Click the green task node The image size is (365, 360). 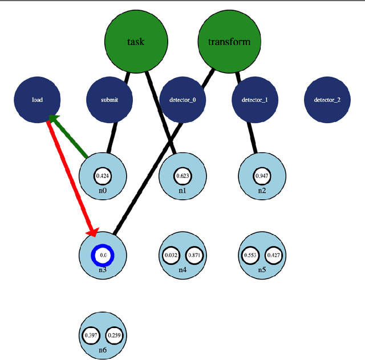coord(136,42)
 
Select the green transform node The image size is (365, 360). coord(228,42)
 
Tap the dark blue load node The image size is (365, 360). coord(37,100)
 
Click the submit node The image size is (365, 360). coord(109,100)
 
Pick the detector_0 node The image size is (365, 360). coord(182,100)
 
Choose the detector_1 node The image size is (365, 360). coord(255,100)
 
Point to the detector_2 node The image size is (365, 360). coord(327,100)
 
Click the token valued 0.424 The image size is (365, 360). coord(103,175)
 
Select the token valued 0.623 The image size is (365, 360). coord(182,175)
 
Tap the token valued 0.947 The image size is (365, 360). coord(262,175)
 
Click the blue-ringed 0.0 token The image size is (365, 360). coord(103,256)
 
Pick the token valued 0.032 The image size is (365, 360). coord(171,256)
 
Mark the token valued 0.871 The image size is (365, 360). coord(194,256)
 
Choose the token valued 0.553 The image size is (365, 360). coord(250,256)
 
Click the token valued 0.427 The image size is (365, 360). coord(273,256)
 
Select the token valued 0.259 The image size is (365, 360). coord(115,335)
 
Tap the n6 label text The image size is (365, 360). coord(103,350)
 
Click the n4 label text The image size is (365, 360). coord(182,270)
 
